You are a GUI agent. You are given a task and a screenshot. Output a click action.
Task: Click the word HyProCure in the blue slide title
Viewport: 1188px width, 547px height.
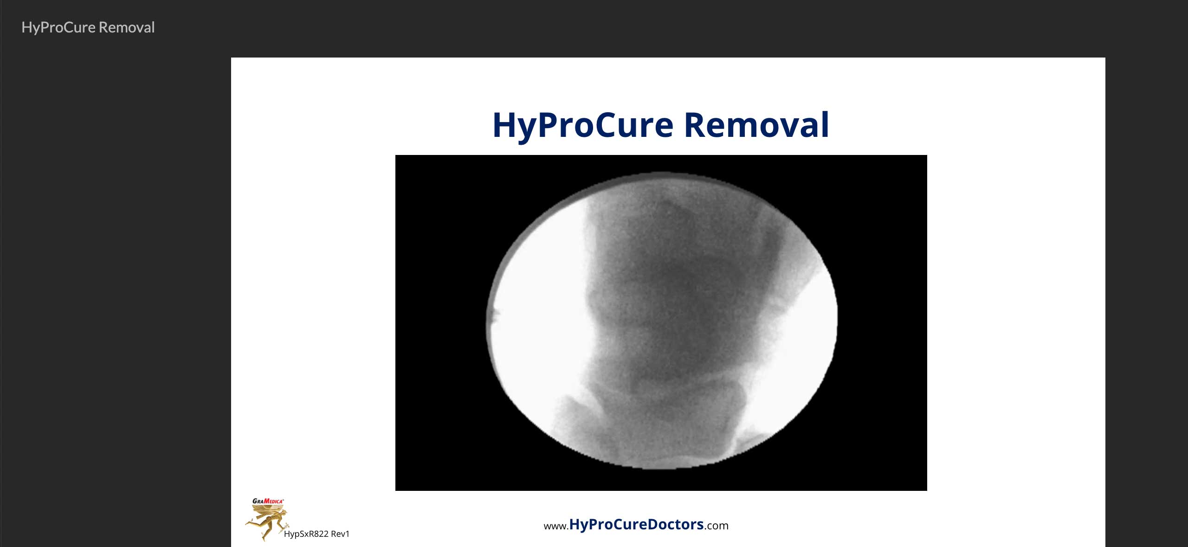[x=582, y=126]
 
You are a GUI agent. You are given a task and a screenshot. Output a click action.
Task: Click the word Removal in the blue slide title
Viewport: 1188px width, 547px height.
[x=756, y=125]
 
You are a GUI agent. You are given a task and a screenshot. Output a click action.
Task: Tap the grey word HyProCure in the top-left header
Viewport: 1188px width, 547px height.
[x=58, y=28]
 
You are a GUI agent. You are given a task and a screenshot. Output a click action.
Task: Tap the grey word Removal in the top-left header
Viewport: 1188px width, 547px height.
[x=127, y=27]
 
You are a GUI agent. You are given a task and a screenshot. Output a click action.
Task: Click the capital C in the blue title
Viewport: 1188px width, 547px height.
[x=606, y=125]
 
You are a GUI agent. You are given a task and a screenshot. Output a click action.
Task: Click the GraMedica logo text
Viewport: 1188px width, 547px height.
[x=268, y=501]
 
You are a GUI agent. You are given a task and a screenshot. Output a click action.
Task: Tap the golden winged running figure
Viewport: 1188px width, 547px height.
[x=267, y=522]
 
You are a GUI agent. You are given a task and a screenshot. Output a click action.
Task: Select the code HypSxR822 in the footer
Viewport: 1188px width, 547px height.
[x=306, y=534]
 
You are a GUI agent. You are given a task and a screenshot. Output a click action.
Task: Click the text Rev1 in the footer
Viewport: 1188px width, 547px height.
[x=340, y=534]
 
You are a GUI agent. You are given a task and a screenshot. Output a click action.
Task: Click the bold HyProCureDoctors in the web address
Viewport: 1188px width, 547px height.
[x=636, y=524]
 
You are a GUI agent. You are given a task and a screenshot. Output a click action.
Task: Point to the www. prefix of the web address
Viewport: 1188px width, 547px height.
[x=556, y=526]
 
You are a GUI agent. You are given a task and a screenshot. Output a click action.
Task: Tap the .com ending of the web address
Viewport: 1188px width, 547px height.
[x=716, y=526]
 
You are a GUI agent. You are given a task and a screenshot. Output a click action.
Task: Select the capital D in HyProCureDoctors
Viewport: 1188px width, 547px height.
[x=653, y=524]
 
